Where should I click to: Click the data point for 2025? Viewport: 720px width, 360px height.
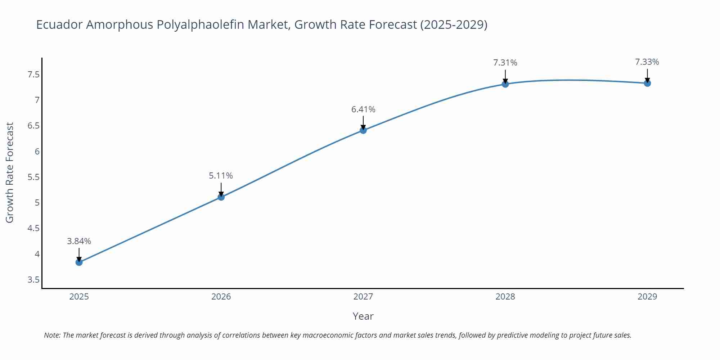(x=79, y=262)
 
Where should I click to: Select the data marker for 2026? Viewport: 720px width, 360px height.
(x=221, y=197)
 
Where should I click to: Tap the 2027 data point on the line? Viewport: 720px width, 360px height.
(x=363, y=130)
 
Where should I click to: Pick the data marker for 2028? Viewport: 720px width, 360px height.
(x=505, y=84)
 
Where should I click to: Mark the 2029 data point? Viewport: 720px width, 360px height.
(x=647, y=83)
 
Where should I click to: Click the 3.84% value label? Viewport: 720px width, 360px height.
(x=79, y=241)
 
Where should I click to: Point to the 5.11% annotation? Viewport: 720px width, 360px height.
(x=221, y=176)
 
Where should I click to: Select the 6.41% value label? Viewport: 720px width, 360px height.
(x=363, y=109)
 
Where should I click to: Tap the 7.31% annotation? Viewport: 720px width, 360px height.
(x=505, y=63)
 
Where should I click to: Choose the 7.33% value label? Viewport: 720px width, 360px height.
(x=647, y=62)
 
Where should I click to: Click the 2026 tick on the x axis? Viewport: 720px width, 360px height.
(x=221, y=297)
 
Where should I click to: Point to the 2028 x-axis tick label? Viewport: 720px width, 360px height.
(x=505, y=297)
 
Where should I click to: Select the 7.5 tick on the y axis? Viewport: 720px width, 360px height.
(x=33, y=75)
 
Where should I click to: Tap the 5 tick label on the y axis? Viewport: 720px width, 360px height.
(x=37, y=203)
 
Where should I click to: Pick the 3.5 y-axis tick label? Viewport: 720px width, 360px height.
(x=33, y=280)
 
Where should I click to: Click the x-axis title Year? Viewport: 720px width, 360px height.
(x=363, y=316)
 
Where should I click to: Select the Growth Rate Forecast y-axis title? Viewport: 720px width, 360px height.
(x=10, y=172)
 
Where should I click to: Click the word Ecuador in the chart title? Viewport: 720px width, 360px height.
(x=59, y=24)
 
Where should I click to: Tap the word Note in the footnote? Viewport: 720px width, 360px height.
(x=52, y=335)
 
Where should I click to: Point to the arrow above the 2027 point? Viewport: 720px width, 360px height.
(x=363, y=123)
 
